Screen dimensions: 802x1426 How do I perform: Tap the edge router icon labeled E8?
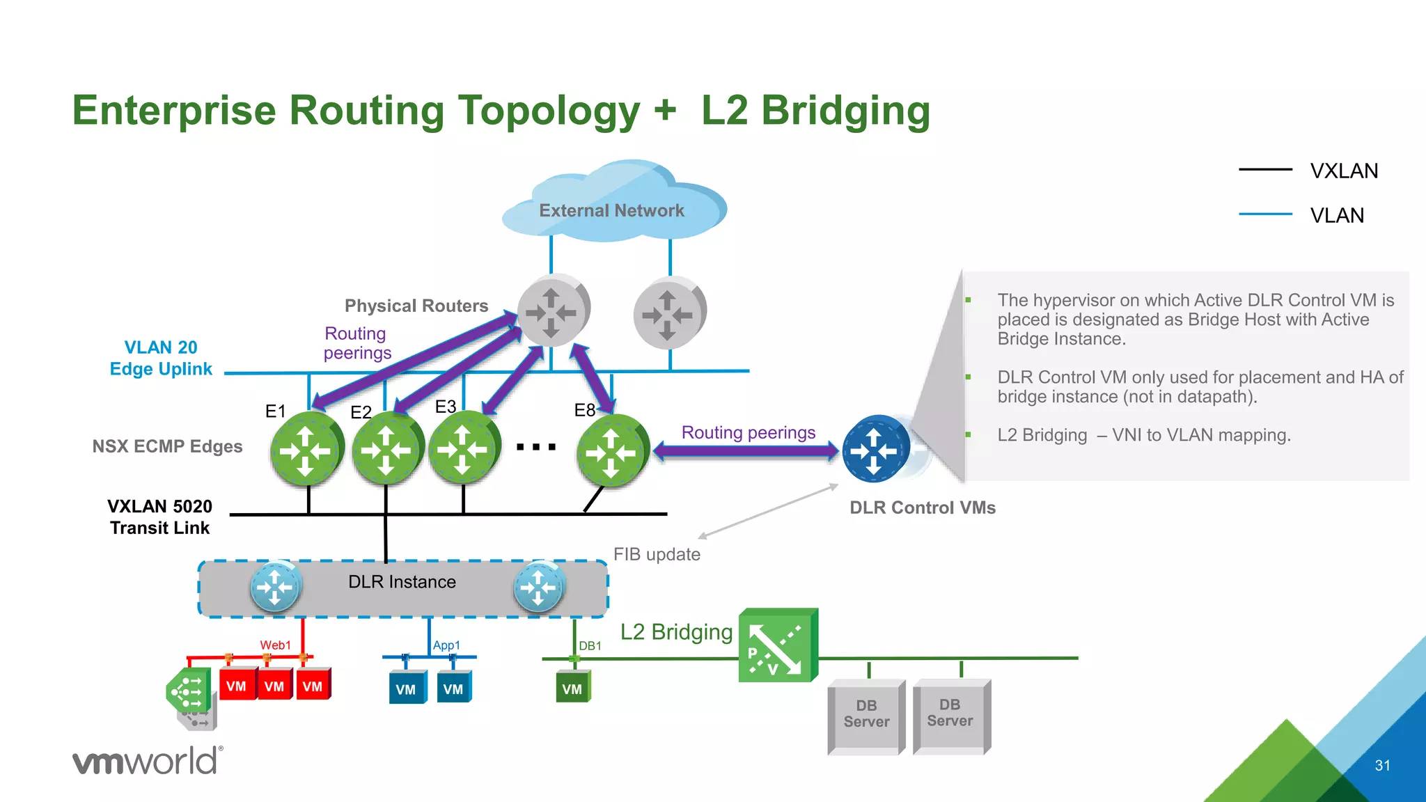click(x=611, y=451)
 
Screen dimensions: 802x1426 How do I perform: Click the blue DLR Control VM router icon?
click(x=875, y=450)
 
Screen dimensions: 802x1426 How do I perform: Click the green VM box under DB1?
click(x=572, y=688)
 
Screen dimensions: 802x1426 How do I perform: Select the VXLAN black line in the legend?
click(x=1265, y=169)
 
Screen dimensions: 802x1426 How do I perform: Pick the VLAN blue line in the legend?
click(x=1265, y=214)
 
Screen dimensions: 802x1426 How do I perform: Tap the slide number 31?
click(x=1382, y=766)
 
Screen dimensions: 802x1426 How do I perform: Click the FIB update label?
click(x=656, y=554)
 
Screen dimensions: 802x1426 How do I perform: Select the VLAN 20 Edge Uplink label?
click(x=161, y=358)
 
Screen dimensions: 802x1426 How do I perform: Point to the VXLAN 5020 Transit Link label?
click(x=159, y=517)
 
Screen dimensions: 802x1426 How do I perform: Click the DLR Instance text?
click(x=402, y=582)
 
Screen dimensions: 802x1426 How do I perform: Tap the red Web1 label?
click(x=275, y=645)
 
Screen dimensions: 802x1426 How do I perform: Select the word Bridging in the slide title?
click(x=845, y=111)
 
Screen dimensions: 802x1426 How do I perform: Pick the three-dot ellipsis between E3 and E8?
click(x=535, y=447)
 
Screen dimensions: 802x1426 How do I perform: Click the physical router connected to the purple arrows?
click(x=553, y=310)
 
